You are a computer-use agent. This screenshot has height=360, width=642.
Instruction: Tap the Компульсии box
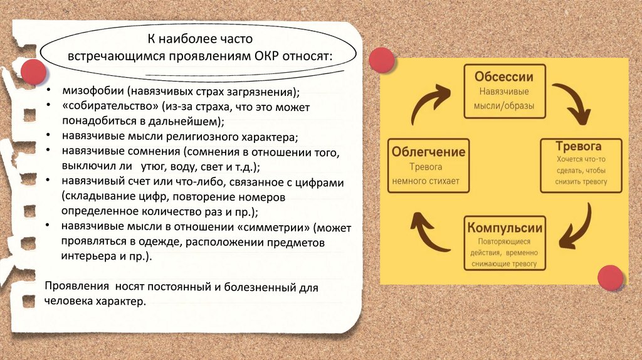(x=503, y=243)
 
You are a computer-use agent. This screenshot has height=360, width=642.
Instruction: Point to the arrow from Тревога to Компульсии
(x=575, y=227)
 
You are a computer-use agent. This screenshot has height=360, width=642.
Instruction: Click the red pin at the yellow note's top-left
(x=381, y=60)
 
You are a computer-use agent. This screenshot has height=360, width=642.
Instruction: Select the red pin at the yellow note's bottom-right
(x=609, y=278)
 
